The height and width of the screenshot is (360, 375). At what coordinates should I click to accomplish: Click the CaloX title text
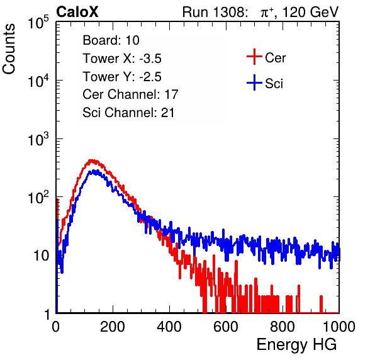77,12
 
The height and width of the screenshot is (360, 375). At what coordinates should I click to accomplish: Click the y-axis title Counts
9,49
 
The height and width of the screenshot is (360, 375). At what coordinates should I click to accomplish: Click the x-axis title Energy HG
296,344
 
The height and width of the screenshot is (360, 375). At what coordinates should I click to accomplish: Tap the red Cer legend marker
254,57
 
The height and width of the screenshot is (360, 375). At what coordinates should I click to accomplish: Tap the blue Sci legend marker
254,82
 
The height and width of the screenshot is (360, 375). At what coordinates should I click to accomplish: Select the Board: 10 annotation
111,40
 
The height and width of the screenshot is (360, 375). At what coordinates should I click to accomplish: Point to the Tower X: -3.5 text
122,59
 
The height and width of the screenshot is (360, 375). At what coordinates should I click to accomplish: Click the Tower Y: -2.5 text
122,77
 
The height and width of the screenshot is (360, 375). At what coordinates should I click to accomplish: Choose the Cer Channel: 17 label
130,94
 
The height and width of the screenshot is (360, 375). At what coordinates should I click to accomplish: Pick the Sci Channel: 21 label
128,113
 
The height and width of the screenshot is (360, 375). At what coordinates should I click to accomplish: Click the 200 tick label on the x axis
113,327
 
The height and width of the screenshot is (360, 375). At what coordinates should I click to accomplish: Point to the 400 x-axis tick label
169,327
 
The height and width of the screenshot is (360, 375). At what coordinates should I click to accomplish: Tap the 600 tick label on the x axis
226,327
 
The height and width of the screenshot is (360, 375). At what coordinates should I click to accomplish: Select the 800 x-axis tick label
283,327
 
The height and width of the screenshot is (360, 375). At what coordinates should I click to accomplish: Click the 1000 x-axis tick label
339,327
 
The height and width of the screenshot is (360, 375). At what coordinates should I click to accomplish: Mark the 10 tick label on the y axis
41,256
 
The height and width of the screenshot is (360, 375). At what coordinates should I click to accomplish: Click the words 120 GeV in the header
311,12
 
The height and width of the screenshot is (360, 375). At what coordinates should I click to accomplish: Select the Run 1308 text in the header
213,12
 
